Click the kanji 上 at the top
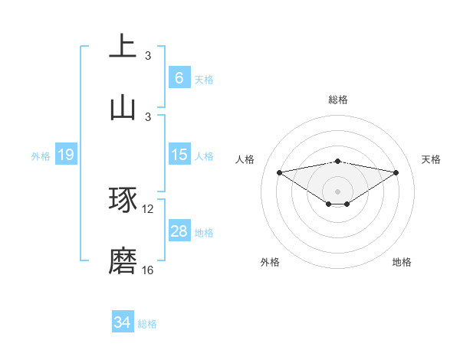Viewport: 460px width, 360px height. (x=123, y=45)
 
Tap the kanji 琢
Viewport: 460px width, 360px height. (x=123, y=199)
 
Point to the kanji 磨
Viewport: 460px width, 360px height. (x=123, y=260)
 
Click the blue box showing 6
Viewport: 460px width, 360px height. (x=179, y=78)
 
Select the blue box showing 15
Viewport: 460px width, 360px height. (x=179, y=155)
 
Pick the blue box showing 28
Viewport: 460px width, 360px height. (x=179, y=231)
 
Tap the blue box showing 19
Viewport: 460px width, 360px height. (x=66, y=155)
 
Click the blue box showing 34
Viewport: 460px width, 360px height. (x=122, y=322)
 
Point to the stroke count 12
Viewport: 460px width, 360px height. (x=148, y=208)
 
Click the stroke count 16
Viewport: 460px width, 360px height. (x=148, y=270)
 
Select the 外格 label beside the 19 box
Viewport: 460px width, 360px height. (x=41, y=155)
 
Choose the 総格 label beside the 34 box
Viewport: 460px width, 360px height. (x=147, y=323)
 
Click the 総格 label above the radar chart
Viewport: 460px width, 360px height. (x=338, y=100)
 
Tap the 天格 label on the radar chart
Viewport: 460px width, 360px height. (x=431, y=159)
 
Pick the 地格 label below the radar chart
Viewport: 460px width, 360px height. (x=402, y=262)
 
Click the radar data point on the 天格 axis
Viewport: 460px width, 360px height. (x=396, y=172)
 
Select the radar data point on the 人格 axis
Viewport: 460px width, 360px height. (x=279, y=172)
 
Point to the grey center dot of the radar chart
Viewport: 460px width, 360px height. (x=338, y=191)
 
